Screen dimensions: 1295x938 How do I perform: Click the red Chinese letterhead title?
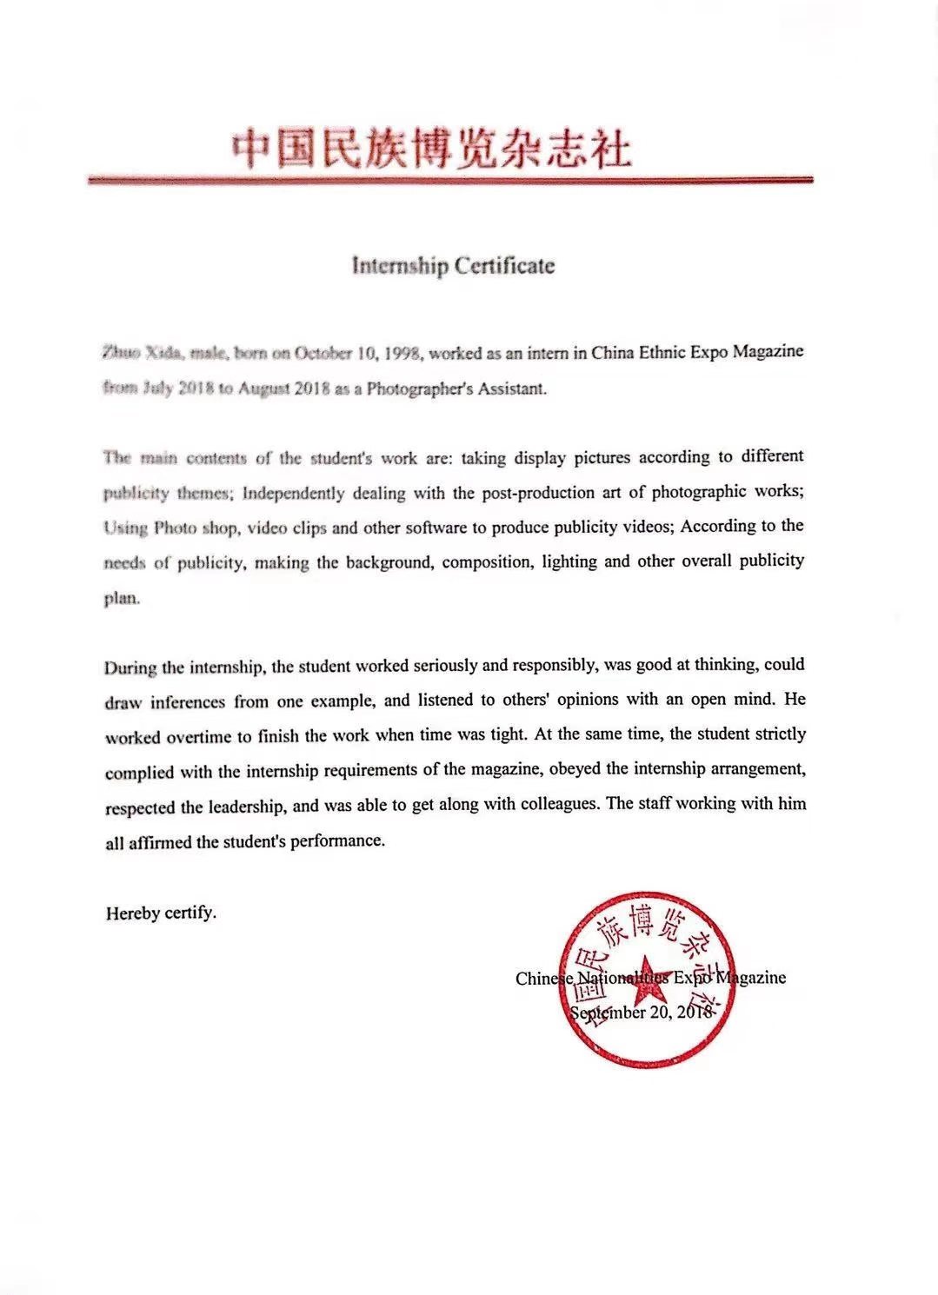[431, 149]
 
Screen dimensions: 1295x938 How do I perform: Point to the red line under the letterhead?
[449, 181]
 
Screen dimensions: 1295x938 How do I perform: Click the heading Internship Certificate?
[452, 265]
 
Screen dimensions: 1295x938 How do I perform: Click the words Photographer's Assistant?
[456, 388]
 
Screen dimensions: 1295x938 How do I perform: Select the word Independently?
[294, 493]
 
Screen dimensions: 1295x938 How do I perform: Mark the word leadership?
[246, 807]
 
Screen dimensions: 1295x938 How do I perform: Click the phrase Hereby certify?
[161, 913]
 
